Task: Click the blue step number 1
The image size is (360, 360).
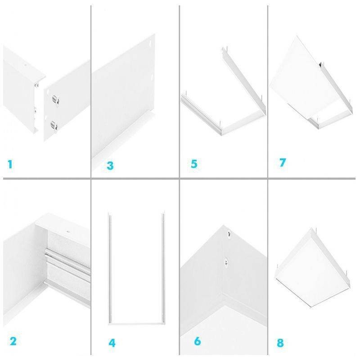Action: click(x=10, y=165)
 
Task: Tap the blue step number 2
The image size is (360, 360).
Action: click(x=13, y=341)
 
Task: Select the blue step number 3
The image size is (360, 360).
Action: click(x=110, y=166)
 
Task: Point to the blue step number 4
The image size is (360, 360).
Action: click(x=112, y=343)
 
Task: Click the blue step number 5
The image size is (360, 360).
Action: click(x=194, y=164)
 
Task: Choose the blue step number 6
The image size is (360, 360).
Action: click(x=197, y=341)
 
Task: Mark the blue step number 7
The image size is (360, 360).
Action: click(x=283, y=162)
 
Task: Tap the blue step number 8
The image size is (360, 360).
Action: click(x=280, y=343)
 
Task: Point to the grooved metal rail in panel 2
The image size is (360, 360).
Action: click(x=67, y=265)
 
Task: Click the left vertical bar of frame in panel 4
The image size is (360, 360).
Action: click(x=109, y=268)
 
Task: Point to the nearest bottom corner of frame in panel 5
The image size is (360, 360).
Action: click(x=221, y=134)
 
